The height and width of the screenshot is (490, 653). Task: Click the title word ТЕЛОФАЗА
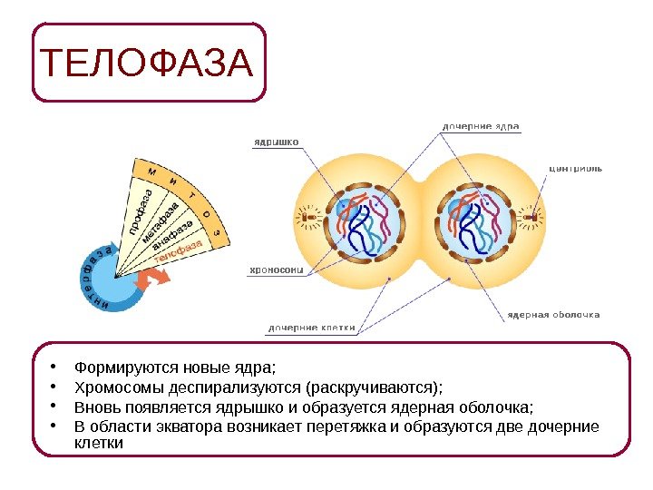pos(147,63)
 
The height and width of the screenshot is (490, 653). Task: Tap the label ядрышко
pos(276,141)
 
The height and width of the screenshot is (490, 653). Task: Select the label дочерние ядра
pos(481,126)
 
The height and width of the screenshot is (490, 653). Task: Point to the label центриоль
pos(575,167)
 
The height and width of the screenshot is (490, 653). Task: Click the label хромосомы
pos(277,269)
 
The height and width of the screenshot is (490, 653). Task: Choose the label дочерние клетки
pos(311,328)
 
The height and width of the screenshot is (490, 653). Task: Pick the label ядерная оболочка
pos(553,315)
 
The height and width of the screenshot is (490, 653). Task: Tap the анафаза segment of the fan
pos(169,240)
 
